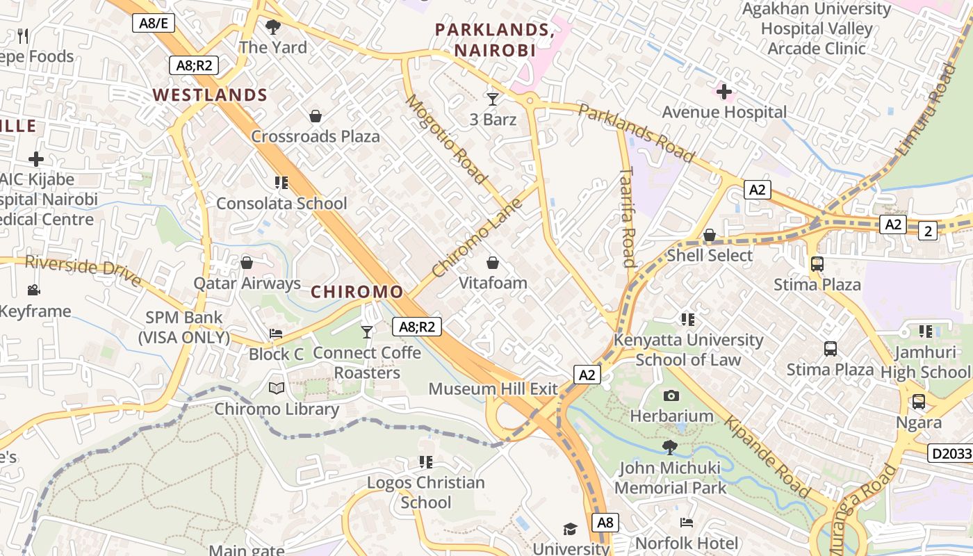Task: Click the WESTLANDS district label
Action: point(210,95)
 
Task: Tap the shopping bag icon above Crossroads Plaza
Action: point(316,115)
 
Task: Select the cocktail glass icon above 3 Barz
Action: point(493,99)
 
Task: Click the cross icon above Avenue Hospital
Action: point(724,92)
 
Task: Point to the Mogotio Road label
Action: point(446,139)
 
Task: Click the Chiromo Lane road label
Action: point(477,238)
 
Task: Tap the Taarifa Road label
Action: point(627,216)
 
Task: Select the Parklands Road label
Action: point(636,133)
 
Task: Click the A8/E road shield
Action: point(154,23)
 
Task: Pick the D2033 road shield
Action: point(950,454)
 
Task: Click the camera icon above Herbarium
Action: point(671,395)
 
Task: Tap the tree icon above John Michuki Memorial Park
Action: point(670,447)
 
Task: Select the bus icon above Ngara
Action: point(918,402)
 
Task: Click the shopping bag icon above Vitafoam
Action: point(493,263)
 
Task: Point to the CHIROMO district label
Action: point(357,292)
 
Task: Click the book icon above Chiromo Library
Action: point(277,389)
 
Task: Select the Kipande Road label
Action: point(767,457)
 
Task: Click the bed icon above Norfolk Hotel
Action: point(687,522)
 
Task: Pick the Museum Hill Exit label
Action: point(493,389)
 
